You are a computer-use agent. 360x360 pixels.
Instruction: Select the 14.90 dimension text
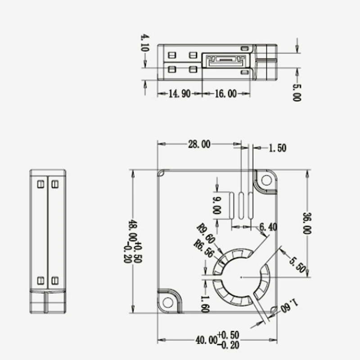[x=179, y=94]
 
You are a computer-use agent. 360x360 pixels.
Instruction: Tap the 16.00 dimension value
[x=225, y=94]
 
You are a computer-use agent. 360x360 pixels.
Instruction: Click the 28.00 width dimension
[x=199, y=144]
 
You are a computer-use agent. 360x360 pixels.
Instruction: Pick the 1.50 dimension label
[x=278, y=148]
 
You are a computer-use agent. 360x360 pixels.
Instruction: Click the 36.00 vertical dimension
[x=307, y=224]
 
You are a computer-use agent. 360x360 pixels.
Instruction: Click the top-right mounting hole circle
[x=266, y=180]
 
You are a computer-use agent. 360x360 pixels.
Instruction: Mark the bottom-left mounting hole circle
[x=168, y=302]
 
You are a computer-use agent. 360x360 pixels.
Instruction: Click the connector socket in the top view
[x=224, y=60]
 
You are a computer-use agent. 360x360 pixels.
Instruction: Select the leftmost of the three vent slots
[x=232, y=206]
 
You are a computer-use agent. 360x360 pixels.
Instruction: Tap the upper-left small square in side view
[x=40, y=184]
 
